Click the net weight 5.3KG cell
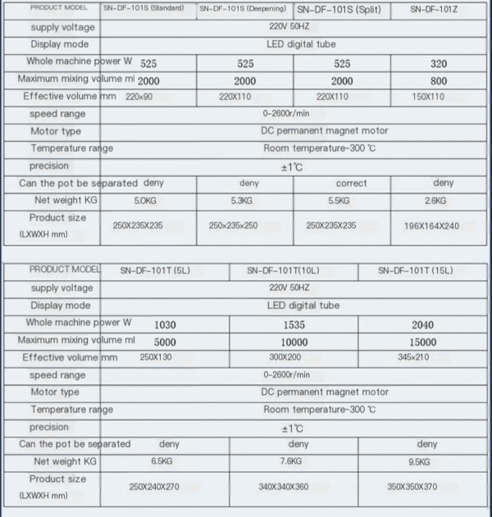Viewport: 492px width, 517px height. [x=244, y=201]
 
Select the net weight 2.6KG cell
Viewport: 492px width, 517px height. [x=438, y=201]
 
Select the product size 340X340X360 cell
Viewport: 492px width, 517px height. [x=284, y=487]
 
